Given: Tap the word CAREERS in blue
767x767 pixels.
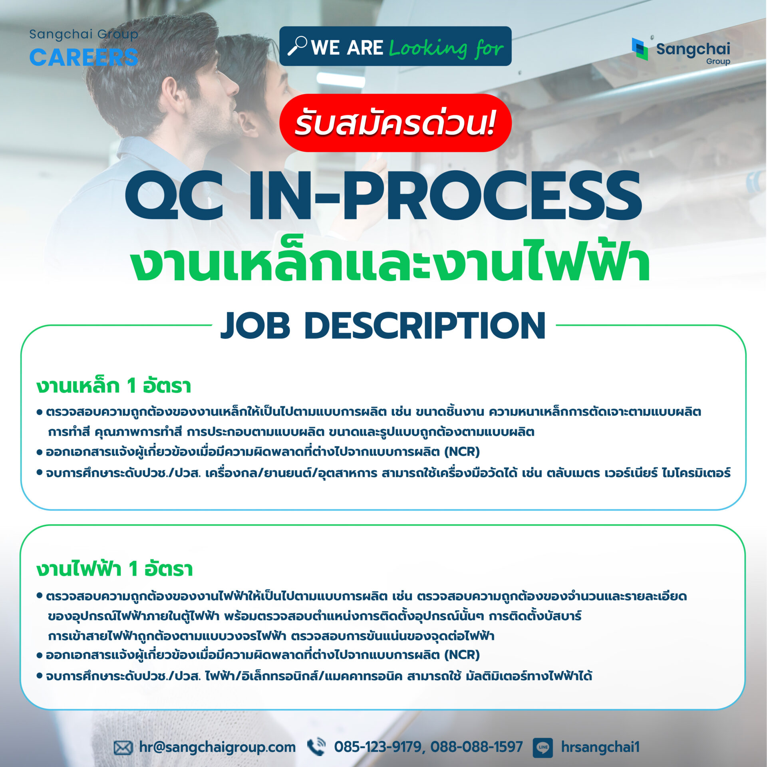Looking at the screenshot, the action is [x=84, y=58].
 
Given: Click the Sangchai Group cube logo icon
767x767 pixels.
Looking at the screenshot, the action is [x=640, y=49].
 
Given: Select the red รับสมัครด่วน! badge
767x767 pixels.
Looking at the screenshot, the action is [x=395, y=123].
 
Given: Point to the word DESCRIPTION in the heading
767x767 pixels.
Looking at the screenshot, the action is [x=425, y=326].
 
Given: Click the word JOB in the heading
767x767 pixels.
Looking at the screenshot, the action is [x=255, y=326].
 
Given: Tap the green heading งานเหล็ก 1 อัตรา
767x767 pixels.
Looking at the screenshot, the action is [x=114, y=386].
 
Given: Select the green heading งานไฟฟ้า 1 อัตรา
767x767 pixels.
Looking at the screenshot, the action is [x=115, y=568].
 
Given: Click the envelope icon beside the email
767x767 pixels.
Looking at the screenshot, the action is [x=123, y=747].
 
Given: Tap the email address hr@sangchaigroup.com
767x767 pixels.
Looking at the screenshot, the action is [x=217, y=747].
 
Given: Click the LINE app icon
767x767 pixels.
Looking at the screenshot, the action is [x=543, y=747].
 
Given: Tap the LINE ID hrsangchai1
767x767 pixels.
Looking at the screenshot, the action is [x=600, y=747].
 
